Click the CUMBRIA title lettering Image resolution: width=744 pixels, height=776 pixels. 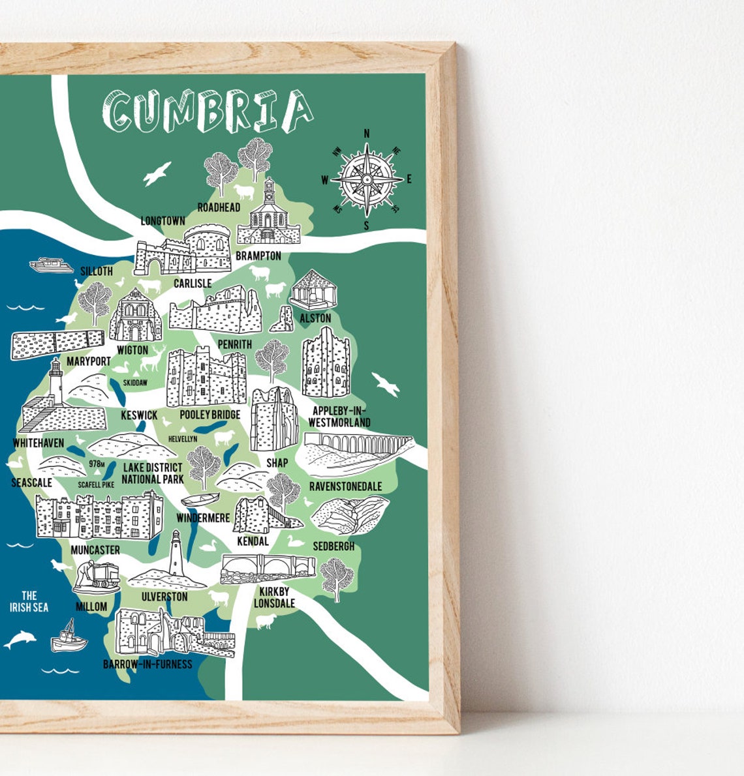pyautogui.click(x=208, y=112)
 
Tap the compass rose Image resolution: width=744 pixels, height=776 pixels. pyautogui.click(x=367, y=178)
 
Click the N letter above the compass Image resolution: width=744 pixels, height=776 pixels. pyautogui.click(x=367, y=133)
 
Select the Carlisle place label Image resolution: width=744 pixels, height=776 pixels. pyautogui.click(x=193, y=283)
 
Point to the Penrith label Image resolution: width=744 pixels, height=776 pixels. pyautogui.click(x=234, y=344)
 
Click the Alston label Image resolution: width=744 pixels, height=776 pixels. pyautogui.click(x=315, y=318)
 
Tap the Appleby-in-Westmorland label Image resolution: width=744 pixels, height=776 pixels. pyautogui.click(x=339, y=416)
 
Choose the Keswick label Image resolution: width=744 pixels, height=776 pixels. pyautogui.click(x=139, y=415)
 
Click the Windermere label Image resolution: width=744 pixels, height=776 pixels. pyautogui.click(x=203, y=518)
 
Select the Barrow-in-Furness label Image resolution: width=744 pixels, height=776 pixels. pyautogui.click(x=147, y=664)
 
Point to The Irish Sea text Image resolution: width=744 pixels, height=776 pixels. pyautogui.click(x=29, y=601)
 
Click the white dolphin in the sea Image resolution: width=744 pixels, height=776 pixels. pyautogui.click(x=20, y=639)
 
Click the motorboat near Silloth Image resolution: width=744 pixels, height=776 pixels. pyautogui.click(x=50, y=265)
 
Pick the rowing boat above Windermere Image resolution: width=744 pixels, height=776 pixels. pyautogui.click(x=200, y=500)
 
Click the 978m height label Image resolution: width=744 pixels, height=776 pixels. pyautogui.click(x=97, y=464)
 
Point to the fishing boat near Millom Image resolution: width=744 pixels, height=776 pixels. pyautogui.click(x=69, y=636)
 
